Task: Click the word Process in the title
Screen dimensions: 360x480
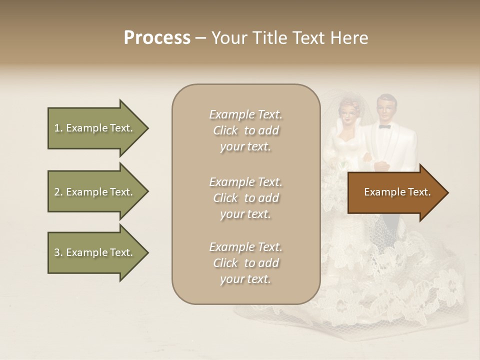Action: click(157, 38)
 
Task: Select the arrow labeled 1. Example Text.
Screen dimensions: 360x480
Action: click(95, 128)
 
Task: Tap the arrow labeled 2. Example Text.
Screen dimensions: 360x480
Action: click(95, 192)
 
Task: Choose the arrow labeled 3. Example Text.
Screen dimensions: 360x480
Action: click(95, 252)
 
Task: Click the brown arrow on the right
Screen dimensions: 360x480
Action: click(395, 192)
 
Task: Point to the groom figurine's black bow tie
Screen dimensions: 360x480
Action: click(384, 126)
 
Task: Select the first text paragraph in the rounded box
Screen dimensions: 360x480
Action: click(245, 130)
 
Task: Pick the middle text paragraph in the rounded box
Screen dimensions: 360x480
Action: click(245, 198)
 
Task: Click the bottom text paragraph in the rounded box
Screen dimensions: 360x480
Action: click(245, 263)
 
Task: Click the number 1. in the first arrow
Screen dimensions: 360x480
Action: click(58, 128)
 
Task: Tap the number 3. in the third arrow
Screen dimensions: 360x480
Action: click(58, 252)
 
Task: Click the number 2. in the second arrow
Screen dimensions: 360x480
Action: click(58, 192)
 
